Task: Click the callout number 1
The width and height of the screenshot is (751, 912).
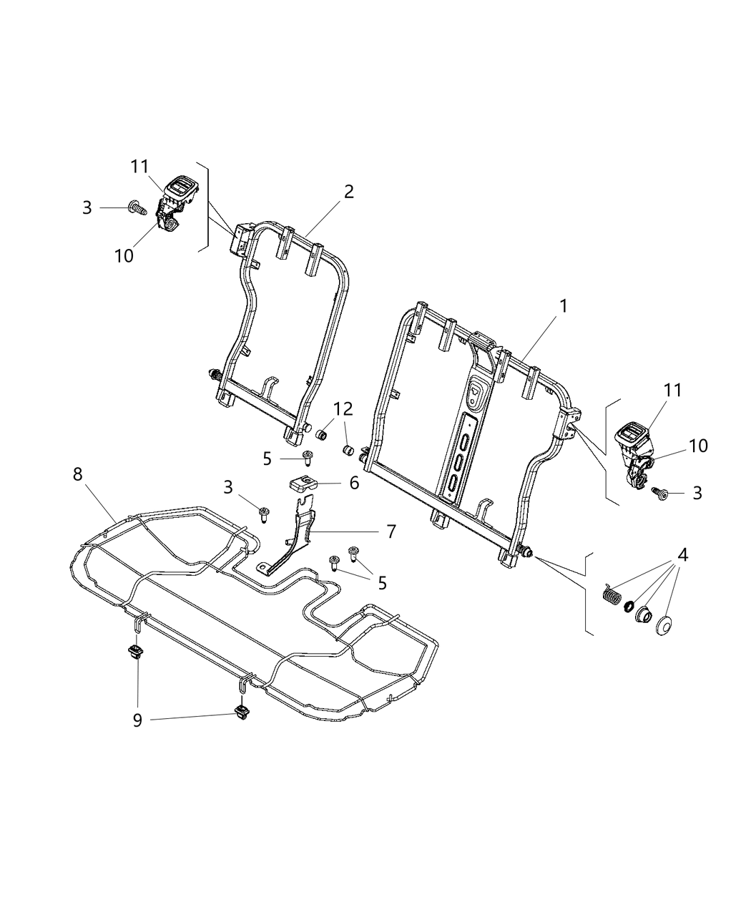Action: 564,306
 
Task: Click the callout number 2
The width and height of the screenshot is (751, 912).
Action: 348,191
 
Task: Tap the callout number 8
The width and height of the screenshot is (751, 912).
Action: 78,474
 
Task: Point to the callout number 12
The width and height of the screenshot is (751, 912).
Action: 343,408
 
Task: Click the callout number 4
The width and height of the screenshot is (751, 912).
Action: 683,554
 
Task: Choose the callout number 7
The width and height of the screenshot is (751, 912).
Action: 391,531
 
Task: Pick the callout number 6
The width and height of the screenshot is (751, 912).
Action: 354,484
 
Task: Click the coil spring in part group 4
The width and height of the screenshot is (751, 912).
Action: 610,595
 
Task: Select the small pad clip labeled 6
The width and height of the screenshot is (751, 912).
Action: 303,486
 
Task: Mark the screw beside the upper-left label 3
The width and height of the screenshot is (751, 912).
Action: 136,208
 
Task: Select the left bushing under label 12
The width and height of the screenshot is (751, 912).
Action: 323,436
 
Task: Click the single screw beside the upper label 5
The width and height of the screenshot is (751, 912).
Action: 308,458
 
